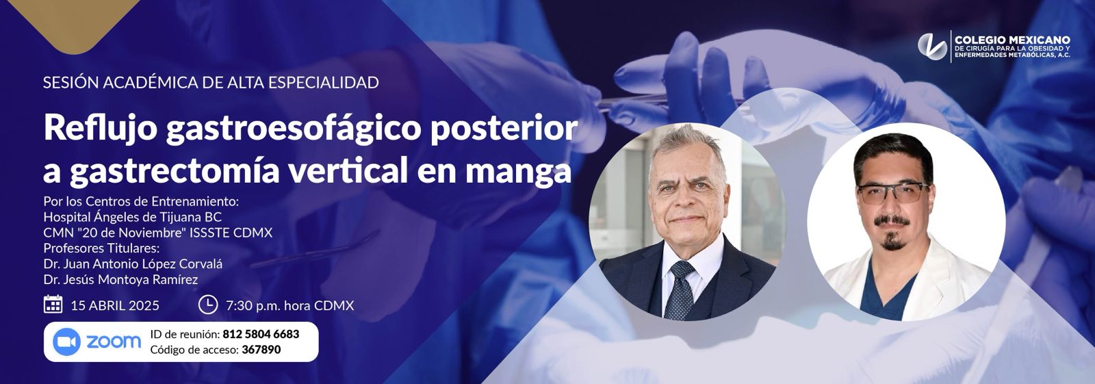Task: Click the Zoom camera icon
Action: point(66,342)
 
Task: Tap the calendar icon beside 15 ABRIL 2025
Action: point(53,305)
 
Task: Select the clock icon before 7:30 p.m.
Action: point(207,305)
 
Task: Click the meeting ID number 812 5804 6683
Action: point(260,334)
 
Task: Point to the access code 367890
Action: point(261,350)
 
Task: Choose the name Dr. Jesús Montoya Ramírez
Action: point(120,279)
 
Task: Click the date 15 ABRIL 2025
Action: point(115,305)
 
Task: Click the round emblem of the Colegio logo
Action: point(932,44)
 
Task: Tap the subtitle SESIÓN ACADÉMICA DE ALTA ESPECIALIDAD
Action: point(211,83)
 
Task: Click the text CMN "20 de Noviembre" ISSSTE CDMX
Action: point(157,233)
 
